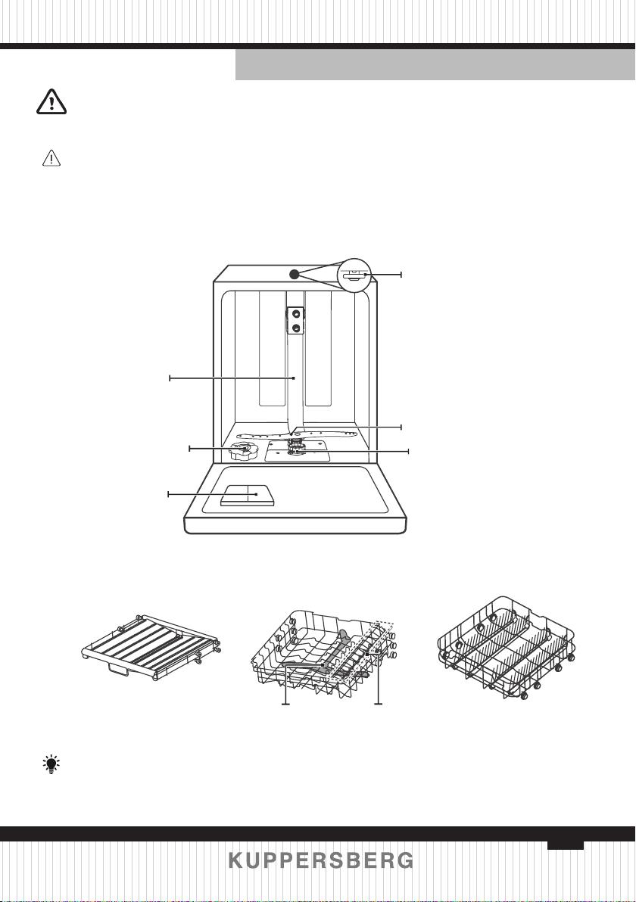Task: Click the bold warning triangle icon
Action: pyautogui.click(x=51, y=102)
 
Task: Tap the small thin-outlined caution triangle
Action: pyautogui.click(x=51, y=157)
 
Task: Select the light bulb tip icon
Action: pyautogui.click(x=51, y=764)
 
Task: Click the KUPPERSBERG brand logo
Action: pyautogui.click(x=320, y=860)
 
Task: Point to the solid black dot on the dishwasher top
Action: pyautogui.click(x=294, y=275)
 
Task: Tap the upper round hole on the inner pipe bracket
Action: pyautogui.click(x=296, y=313)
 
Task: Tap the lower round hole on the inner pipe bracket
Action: pyautogui.click(x=296, y=328)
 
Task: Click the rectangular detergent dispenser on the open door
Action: pyautogui.click(x=248, y=496)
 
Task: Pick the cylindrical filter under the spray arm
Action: pyautogui.click(x=296, y=447)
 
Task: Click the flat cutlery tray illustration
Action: pyautogui.click(x=150, y=647)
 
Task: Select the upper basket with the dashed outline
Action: pyautogui.click(x=324, y=654)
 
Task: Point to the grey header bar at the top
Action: pyautogui.click(x=435, y=64)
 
